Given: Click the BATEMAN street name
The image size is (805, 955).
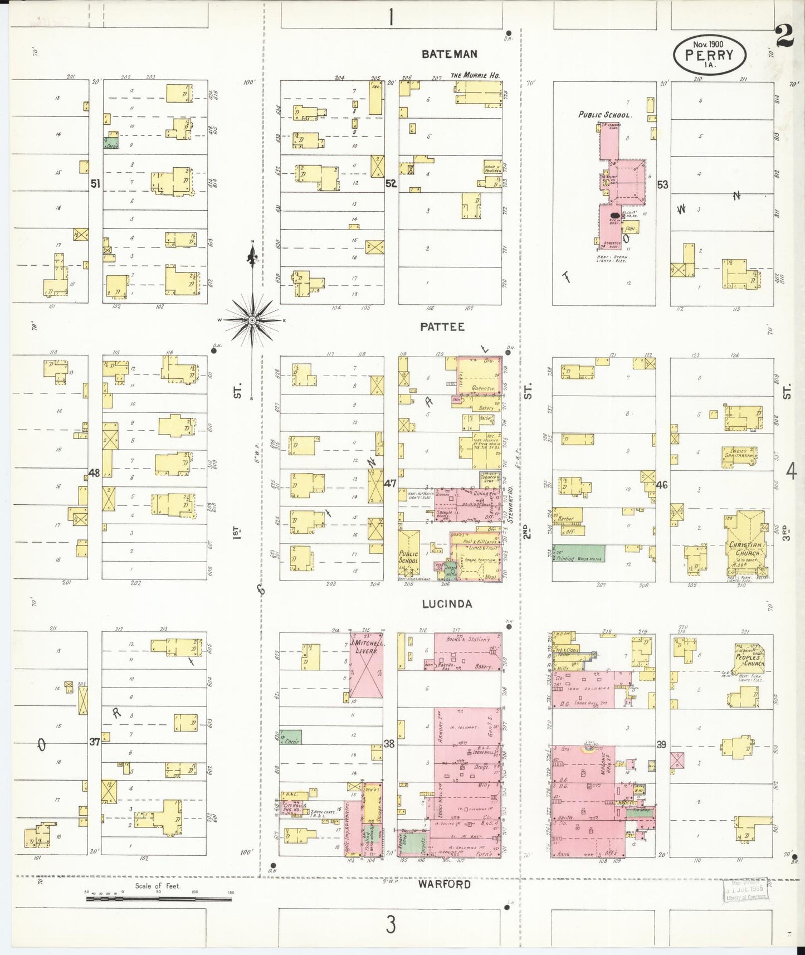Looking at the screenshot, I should [449, 54].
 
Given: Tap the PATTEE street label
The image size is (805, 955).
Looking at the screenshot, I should [442, 327].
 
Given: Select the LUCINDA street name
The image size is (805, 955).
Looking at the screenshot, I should [447, 604].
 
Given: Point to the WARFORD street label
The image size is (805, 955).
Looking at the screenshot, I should [445, 884].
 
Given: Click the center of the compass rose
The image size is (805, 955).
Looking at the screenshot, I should [252, 320].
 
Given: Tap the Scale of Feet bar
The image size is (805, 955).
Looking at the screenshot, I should [158, 898].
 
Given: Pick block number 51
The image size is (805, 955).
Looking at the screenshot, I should [95, 183].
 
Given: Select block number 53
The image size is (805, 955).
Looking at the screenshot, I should [662, 184].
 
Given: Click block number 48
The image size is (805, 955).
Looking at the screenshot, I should [94, 473].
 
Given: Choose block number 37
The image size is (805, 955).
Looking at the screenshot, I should [94, 742].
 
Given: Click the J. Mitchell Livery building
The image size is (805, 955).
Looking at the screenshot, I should [366, 664].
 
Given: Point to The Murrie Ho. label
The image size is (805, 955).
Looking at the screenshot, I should [475, 75].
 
